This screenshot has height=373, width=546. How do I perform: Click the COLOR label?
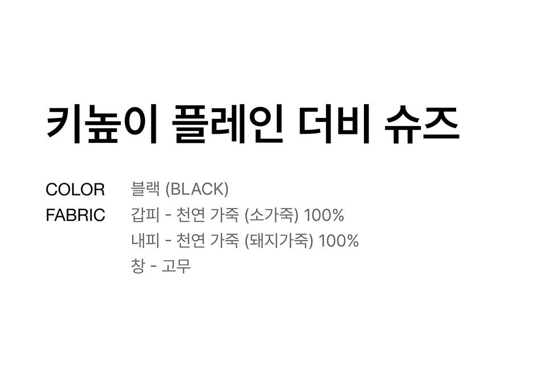(x=75, y=190)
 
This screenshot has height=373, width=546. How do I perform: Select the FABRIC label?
(x=75, y=216)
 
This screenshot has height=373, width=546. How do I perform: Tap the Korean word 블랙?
(x=145, y=189)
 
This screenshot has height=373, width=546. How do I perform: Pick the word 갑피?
(x=145, y=215)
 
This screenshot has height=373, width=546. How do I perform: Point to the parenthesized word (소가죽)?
(x=271, y=215)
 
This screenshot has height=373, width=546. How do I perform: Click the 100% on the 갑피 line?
(x=324, y=215)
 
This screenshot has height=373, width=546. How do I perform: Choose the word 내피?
(x=145, y=241)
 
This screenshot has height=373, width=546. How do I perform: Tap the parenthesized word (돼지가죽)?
(x=279, y=241)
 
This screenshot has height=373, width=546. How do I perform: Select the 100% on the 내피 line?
(x=339, y=241)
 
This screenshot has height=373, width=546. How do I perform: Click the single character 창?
(x=138, y=266)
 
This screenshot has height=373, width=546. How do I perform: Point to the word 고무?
(x=176, y=266)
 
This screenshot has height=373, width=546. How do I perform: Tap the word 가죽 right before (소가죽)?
(x=225, y=215)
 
